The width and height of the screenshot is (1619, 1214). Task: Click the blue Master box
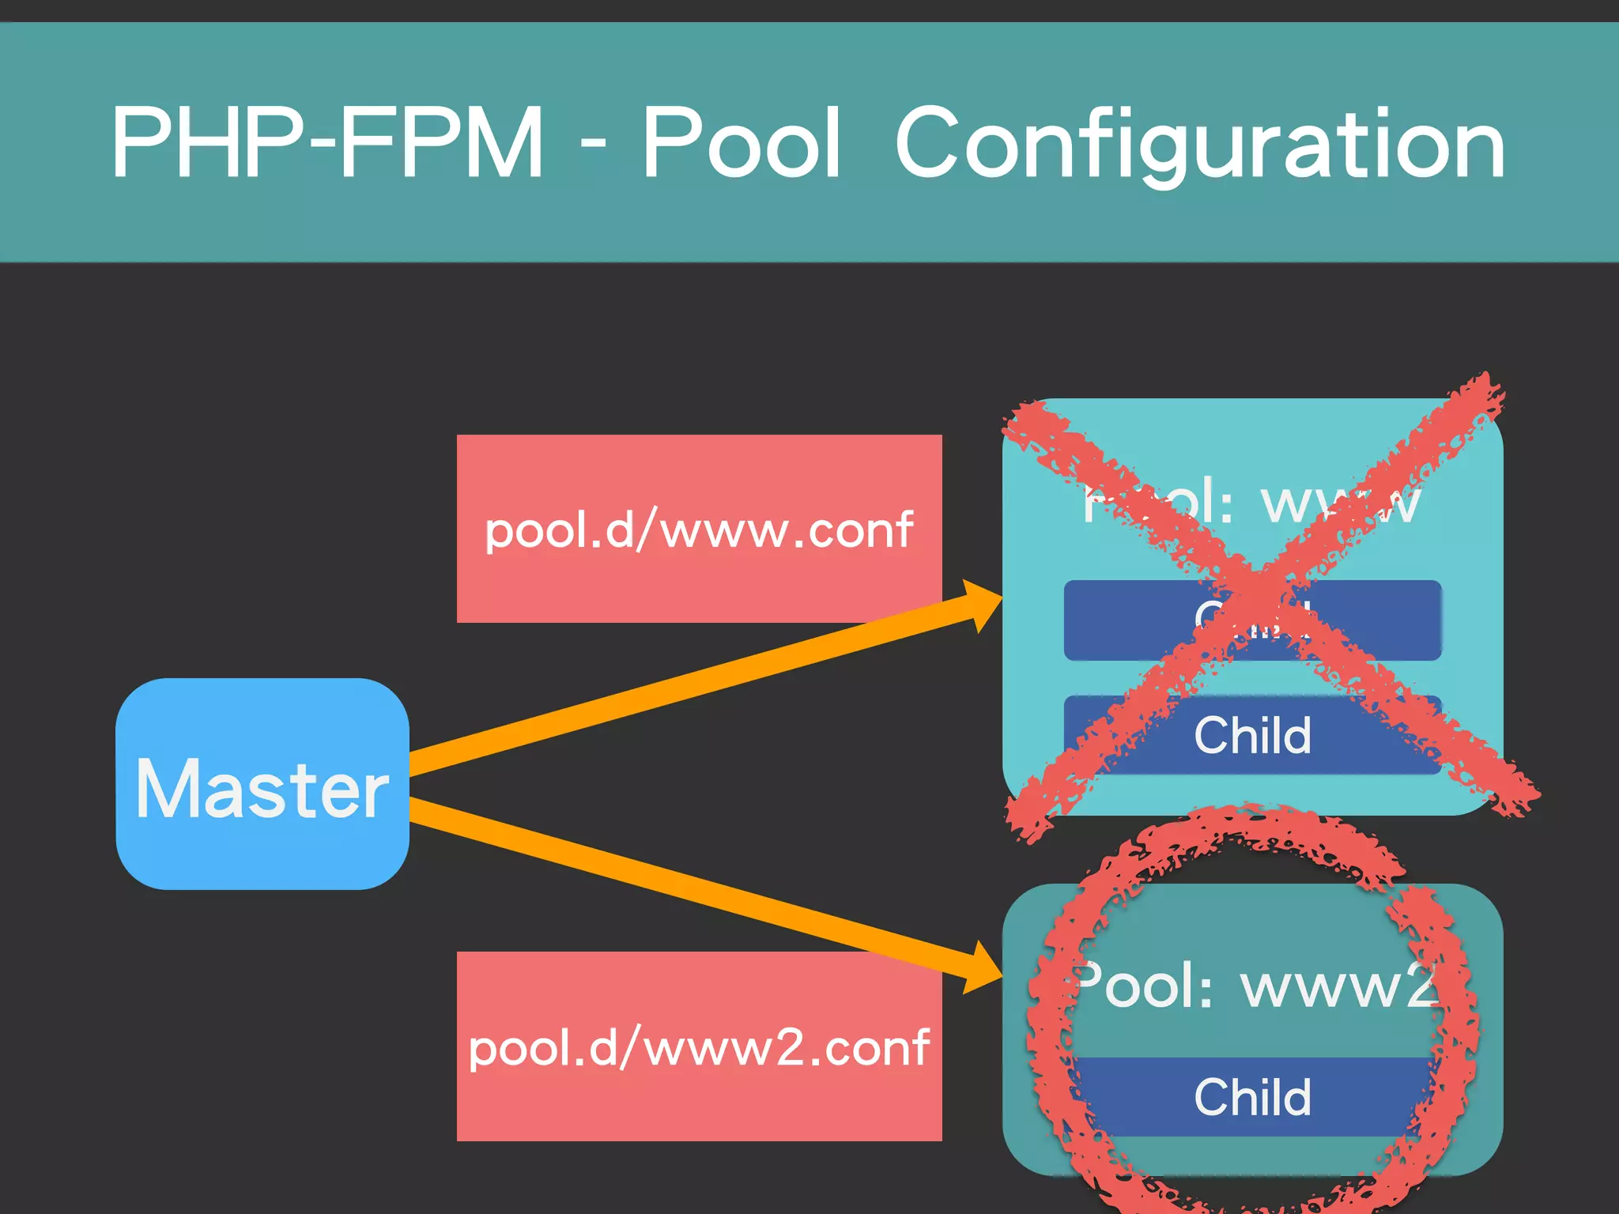point(262,784)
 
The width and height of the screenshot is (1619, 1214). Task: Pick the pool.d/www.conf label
point(699,529)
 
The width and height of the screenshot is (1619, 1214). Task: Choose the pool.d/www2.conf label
point(699,1046)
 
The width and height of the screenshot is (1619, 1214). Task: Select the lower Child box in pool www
point(1252,735)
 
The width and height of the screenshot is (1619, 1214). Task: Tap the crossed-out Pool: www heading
point(1252,503)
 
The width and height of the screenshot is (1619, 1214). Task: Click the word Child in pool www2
point(1252,1097)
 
